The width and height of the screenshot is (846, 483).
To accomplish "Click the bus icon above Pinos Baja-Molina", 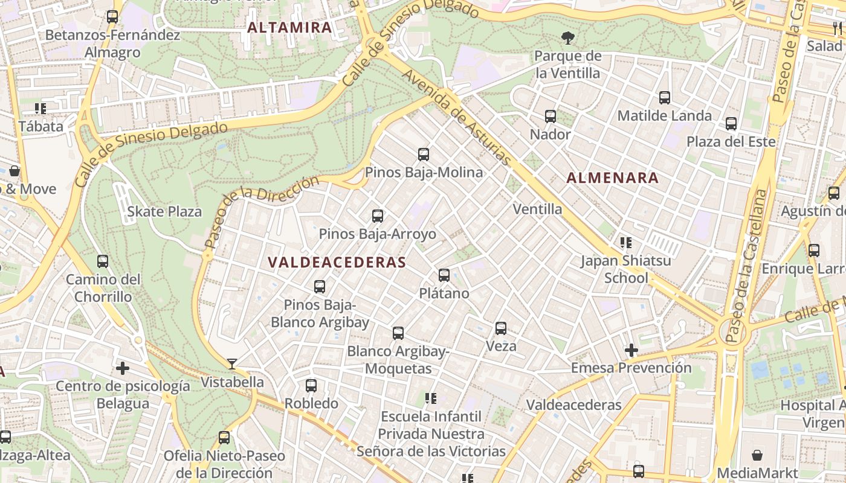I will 424,155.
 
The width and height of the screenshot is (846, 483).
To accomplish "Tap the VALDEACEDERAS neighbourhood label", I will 337,263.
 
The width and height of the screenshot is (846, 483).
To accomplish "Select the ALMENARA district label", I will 613,178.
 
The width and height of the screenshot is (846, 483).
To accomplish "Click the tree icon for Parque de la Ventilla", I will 567,38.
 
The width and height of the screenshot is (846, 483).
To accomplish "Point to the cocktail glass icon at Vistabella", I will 232,363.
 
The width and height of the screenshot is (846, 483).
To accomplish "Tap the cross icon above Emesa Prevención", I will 631,350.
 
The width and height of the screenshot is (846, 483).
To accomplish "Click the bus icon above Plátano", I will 444,275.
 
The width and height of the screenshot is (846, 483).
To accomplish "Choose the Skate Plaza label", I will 164,212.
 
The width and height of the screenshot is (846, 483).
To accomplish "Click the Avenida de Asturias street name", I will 457,118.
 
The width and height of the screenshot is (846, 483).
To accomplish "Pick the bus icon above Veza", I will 501,328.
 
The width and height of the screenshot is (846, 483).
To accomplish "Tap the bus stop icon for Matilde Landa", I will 665,97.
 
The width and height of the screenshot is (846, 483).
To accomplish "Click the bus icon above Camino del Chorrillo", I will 103,261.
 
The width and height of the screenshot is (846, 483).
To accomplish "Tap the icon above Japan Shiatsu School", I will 626,243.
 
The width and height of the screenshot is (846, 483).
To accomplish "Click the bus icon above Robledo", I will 311,385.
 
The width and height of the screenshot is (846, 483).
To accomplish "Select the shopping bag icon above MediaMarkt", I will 758,455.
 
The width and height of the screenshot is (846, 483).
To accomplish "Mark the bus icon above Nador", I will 551,117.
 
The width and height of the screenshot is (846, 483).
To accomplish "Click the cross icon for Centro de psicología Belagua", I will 123,368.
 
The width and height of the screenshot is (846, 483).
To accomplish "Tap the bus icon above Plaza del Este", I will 731,124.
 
